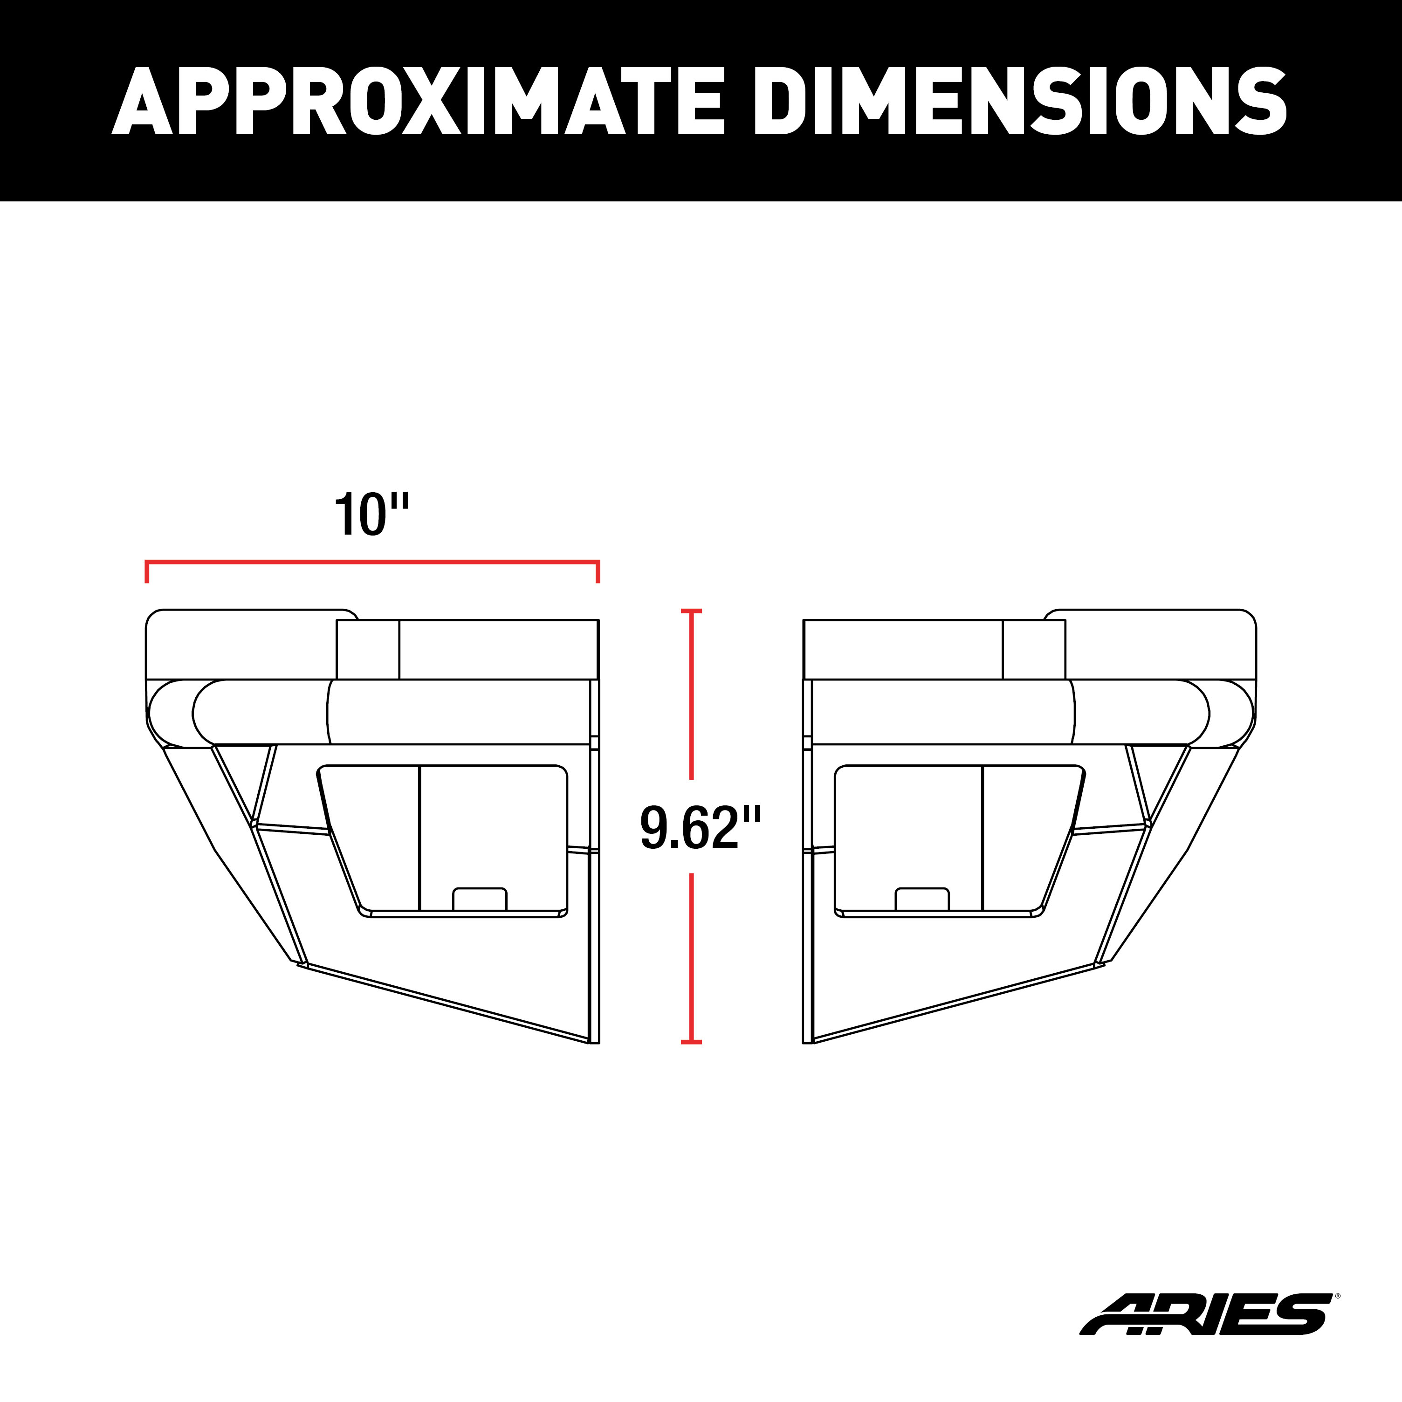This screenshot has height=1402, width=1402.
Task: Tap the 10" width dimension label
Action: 371,515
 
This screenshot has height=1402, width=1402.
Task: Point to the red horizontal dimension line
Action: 371,561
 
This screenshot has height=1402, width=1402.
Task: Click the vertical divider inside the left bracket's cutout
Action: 419,838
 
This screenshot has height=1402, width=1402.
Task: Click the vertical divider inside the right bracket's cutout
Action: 982,838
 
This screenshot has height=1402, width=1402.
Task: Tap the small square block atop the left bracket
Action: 368,649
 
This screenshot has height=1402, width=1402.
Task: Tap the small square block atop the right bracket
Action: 1034,649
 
